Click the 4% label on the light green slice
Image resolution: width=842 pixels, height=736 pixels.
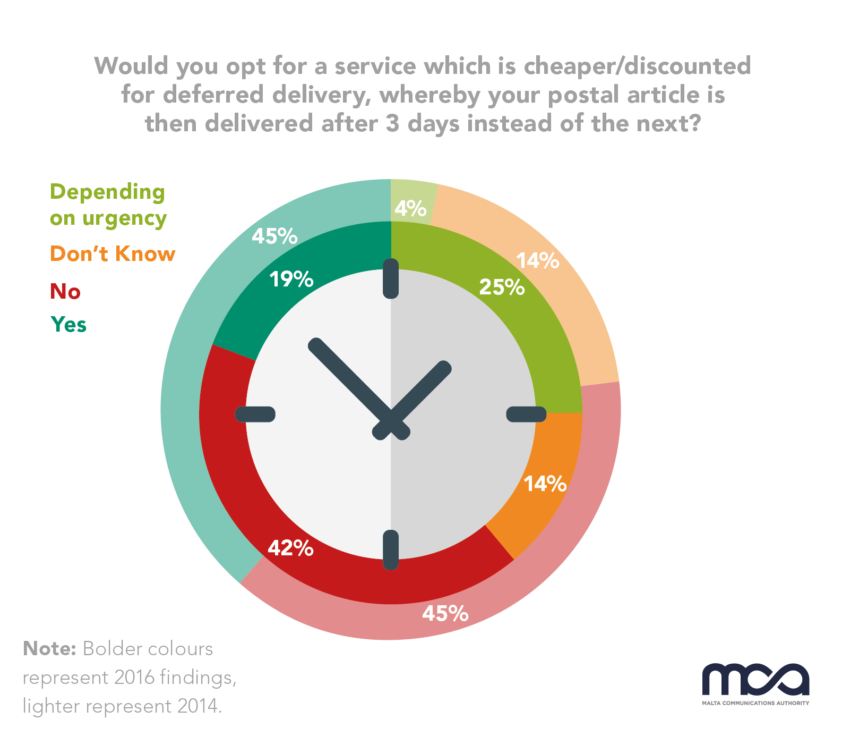coord(410,208)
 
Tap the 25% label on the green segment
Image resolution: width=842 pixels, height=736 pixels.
coord(502,287)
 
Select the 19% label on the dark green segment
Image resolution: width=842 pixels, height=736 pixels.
coord(291,279)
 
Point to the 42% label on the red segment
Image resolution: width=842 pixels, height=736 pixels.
coord(290,548)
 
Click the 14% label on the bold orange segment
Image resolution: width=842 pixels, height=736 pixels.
coord(545,484)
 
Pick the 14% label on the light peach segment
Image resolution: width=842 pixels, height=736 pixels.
coord(537,261)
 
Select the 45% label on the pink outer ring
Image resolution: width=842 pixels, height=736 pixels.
coord(445,614)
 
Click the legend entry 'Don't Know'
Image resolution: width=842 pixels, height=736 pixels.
coord(112,254)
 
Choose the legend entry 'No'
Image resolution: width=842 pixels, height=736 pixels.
coord(65,292)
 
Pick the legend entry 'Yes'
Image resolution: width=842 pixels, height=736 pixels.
coord(68,324)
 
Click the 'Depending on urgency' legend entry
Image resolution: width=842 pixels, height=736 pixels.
coord(108,205)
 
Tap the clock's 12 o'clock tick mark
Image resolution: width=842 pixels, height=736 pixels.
coord(391,278)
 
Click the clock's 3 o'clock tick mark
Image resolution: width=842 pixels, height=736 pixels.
coord(526,414)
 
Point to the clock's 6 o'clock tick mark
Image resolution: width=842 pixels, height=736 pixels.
coord(391,550)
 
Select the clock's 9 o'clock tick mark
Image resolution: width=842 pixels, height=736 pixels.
coord(255,414)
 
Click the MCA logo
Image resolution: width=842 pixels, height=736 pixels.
coord(755,683)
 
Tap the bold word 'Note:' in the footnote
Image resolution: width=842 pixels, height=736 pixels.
coord(50,649)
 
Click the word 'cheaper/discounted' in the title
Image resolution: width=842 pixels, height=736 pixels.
coord(637,66)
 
